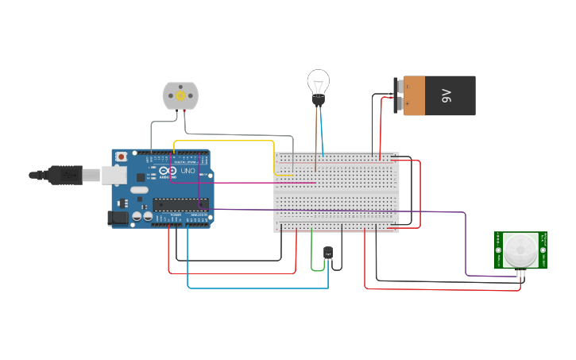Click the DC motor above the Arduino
180,95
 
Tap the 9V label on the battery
446,96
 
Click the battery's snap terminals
398,95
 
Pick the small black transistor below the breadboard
328,253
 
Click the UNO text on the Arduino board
188,171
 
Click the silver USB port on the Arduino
114,174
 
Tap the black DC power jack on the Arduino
118,217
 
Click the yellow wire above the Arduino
222,141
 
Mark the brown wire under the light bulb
316,143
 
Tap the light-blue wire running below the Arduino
254,288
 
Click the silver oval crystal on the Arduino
138,190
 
